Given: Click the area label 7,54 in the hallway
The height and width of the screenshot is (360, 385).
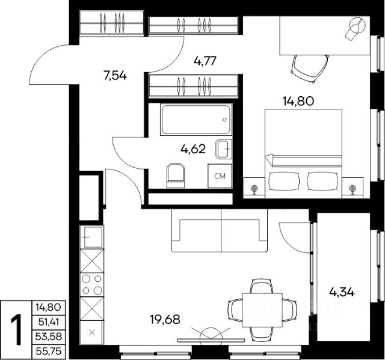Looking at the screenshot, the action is tap(115, 76).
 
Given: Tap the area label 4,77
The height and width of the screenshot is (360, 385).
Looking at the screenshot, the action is tap(205, 61).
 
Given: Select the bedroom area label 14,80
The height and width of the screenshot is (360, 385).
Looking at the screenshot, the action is tap(298, 101).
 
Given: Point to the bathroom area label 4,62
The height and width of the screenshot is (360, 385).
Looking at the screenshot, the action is tap(193, 149).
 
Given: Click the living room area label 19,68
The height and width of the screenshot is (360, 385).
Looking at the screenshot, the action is tap(165, 320).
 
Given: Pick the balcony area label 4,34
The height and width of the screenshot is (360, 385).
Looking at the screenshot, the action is tap(342, 292).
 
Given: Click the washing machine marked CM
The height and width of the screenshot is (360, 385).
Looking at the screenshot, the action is tap(220, 176).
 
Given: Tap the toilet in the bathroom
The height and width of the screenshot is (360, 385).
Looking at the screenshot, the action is tap(176, 175).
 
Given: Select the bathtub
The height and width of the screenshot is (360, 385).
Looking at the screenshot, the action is tap(196, 120).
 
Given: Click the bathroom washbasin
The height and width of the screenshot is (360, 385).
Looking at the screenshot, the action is tap(224, 149).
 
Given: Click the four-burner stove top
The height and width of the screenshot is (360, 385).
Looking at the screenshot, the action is tap(92, 285).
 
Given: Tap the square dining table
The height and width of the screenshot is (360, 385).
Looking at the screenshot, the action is tap(262, 310).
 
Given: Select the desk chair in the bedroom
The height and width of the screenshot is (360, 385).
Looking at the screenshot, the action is tap(310, 69).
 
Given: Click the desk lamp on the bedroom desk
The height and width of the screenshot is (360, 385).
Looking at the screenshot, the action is tap(356, 28).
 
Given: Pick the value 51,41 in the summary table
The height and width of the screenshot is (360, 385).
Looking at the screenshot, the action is tap(49, 322).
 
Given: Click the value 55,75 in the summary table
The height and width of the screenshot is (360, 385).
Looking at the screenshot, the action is tap(49, 351).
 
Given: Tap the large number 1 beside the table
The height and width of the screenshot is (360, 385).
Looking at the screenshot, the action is tap(16, 329).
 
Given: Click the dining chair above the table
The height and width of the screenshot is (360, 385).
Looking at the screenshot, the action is tap(262, 286).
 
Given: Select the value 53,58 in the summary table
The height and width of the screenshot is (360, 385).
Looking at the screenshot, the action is tap(49, 337).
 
